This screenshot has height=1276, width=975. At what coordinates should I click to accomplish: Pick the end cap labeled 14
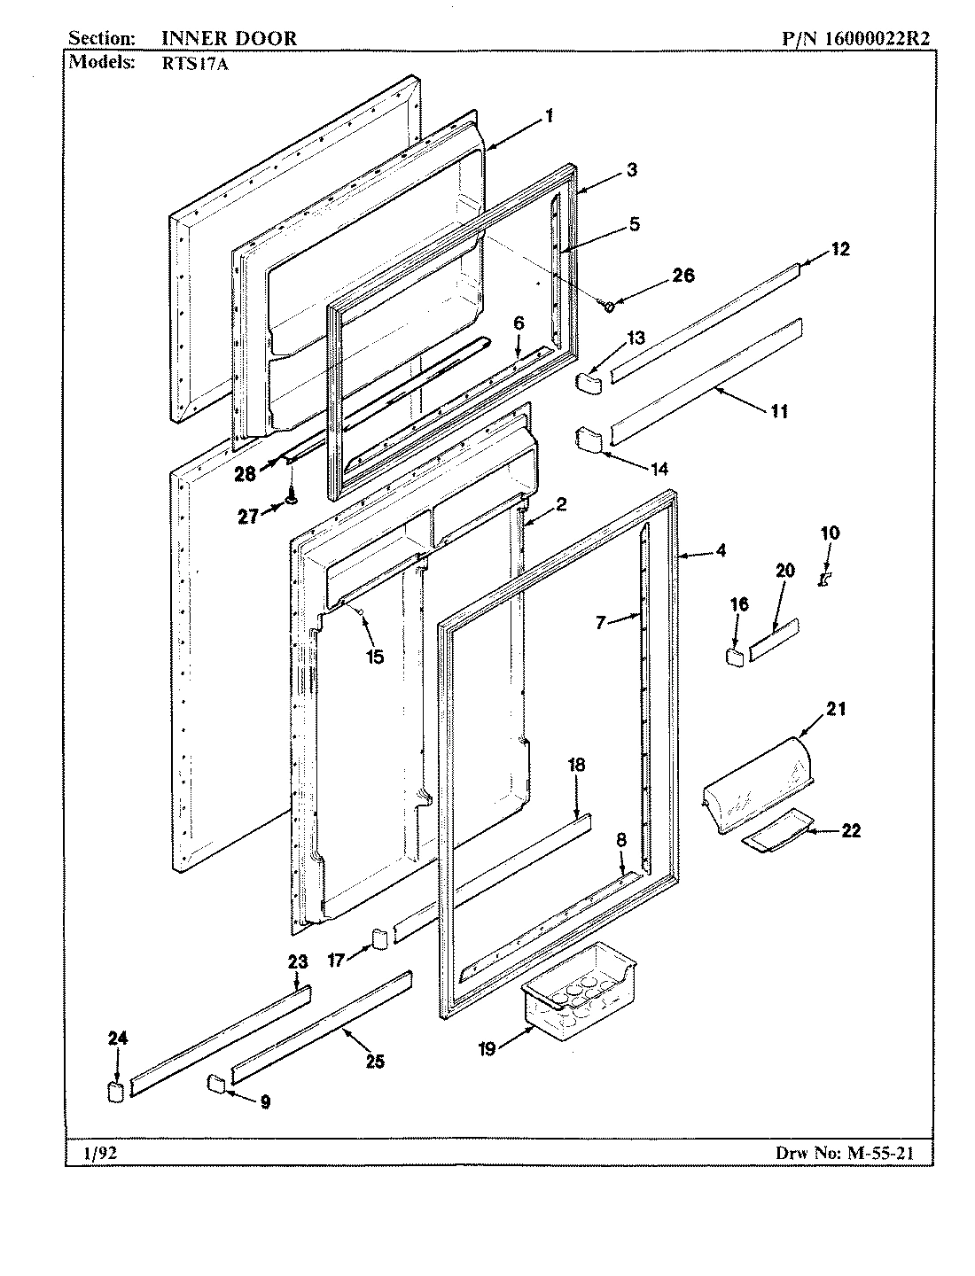coord(588,438)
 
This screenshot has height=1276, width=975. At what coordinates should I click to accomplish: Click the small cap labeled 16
coord(734,657)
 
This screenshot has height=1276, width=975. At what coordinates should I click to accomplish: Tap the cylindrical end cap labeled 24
coord(113,1090)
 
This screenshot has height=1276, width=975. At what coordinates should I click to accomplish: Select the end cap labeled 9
coord(216,1082)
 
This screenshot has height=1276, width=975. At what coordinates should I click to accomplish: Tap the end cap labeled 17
coord(379,938)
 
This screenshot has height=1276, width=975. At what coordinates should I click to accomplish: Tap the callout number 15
coord(375,657)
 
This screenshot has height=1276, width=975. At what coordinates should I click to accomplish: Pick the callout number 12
coord(839,249)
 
